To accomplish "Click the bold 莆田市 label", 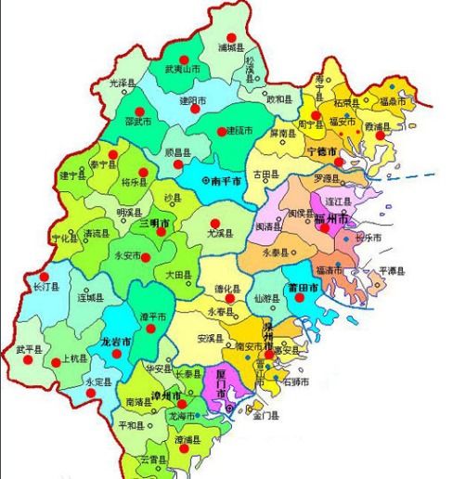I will tap(303, 289).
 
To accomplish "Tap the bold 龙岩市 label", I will tap(116, 342).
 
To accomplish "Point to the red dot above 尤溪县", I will tap(214, 222).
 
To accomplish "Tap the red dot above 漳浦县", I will tap(185, 448).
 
